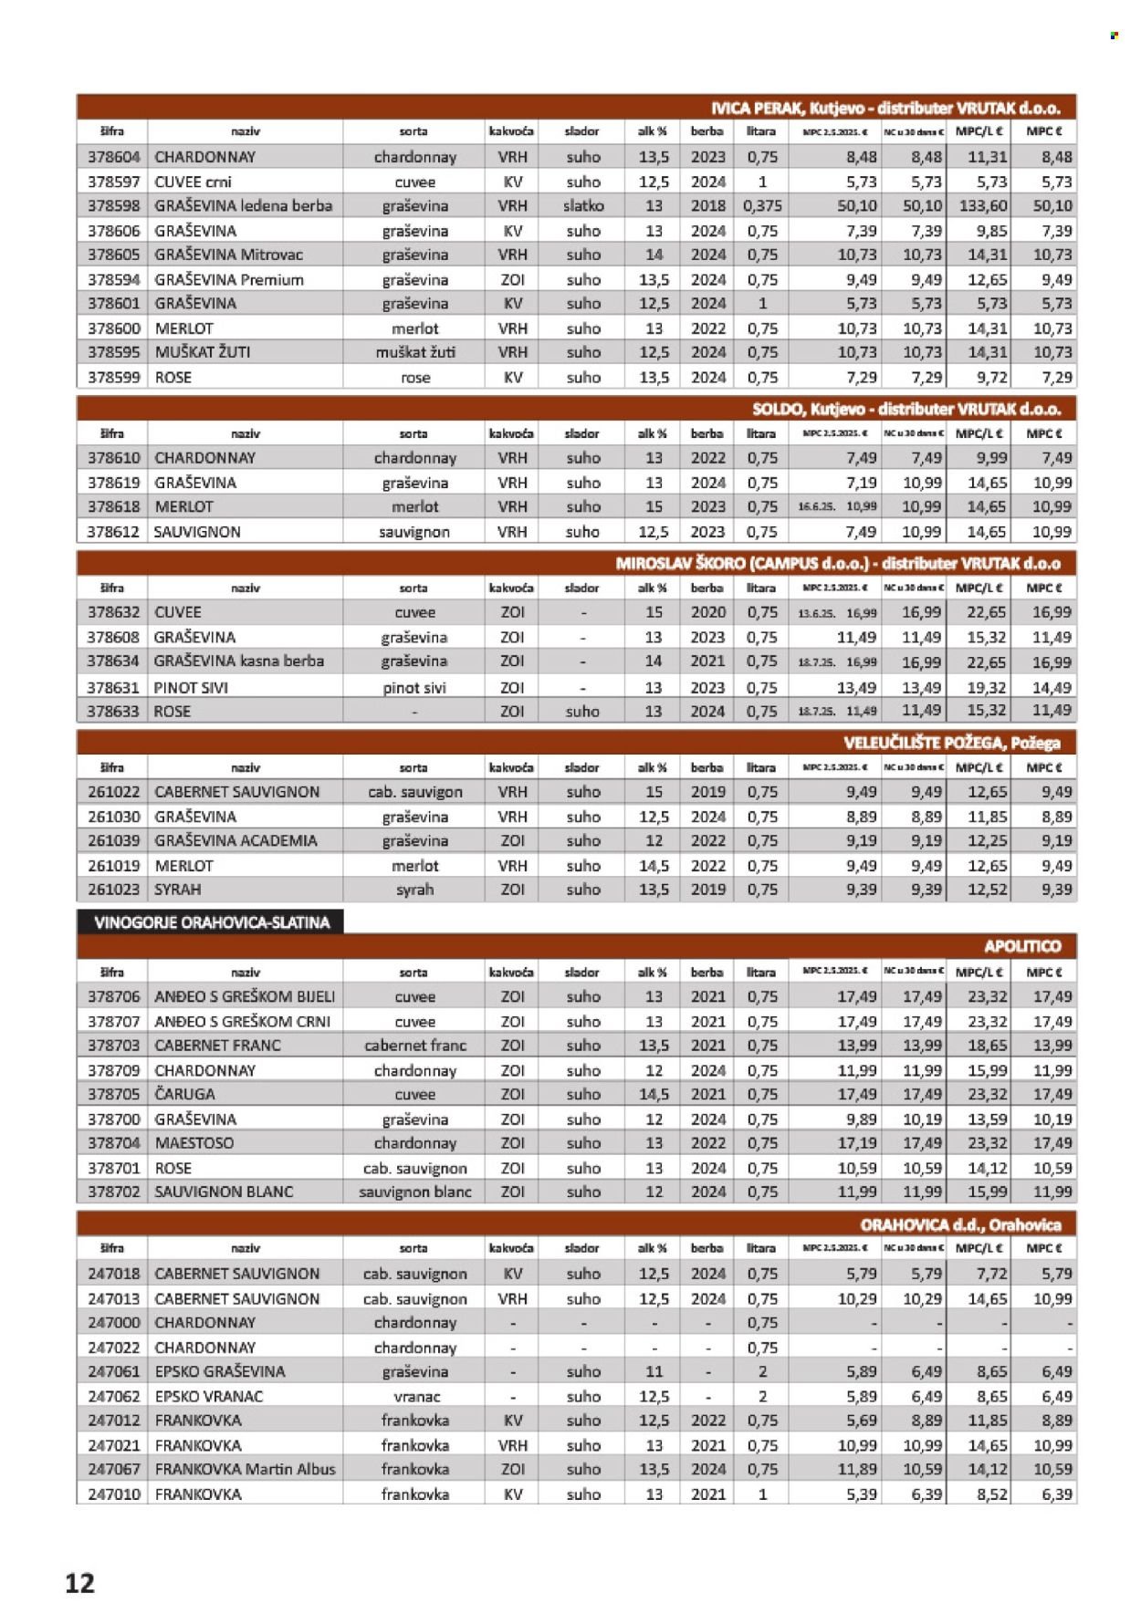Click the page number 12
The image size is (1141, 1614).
[x=79, y=1582]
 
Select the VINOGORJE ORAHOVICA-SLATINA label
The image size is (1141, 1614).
[x=211, y=922]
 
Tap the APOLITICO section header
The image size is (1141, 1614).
[x=1021, y=946]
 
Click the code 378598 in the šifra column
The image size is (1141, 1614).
[x=113, y=205]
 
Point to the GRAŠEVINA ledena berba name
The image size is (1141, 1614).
[x=243, y=205]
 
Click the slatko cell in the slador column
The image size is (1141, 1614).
[x=583, y=205]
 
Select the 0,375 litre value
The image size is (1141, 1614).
[x=761, y=205]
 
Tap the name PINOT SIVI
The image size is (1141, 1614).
[x=191, y=687]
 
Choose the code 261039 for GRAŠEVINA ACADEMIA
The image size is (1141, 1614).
[x=113, y=840]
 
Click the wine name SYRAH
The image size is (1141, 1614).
[x=177, y=889]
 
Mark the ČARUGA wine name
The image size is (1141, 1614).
[x=184, y=1093]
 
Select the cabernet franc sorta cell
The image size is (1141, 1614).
[x=415, y=1045]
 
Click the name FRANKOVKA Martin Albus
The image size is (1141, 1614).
[x=245, y=1469]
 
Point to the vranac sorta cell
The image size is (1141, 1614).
[x=415, y=1396]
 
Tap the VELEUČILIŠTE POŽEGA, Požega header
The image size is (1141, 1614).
[x=951, y=743]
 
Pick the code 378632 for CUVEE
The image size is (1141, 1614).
[x=113, y=611]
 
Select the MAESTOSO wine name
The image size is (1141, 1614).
[x=194, y=1142]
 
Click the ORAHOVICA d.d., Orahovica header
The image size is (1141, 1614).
[x=959, y=1224]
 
